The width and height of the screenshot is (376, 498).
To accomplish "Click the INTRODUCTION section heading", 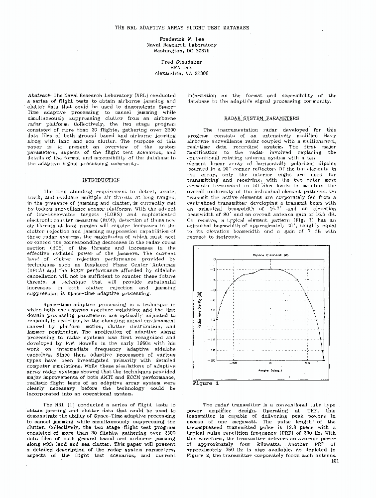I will tap(101, 180).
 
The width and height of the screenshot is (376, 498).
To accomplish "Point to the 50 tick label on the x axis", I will tap(307, 363).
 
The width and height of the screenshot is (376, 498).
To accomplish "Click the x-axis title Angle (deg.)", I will tap(270, 370).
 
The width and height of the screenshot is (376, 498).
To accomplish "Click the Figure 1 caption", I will tap(206, 383).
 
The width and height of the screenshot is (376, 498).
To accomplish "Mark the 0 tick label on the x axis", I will tap(270, 363).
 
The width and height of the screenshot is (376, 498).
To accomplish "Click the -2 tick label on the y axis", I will tap(214, 269).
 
